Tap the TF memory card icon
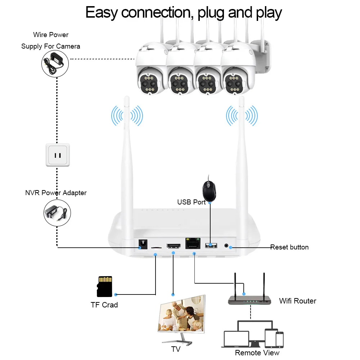point(104,286)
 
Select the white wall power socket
point(58,155)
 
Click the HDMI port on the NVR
point(174,246)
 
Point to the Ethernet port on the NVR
point(193,243)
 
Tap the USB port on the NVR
point(211,245)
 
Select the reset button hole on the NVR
point(226,246)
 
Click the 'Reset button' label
point(289,247)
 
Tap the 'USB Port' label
point(191,202)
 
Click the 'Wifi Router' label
point(298,301)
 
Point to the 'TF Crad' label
point(104,305)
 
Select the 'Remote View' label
point(257,352)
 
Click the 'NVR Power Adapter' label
point(56,193)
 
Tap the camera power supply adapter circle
point(55,64)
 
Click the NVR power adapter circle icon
point(57,213)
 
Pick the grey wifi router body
point(249,300)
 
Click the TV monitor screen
point(182,314)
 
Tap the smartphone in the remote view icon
point(279,339)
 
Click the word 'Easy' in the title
point(102,13)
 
